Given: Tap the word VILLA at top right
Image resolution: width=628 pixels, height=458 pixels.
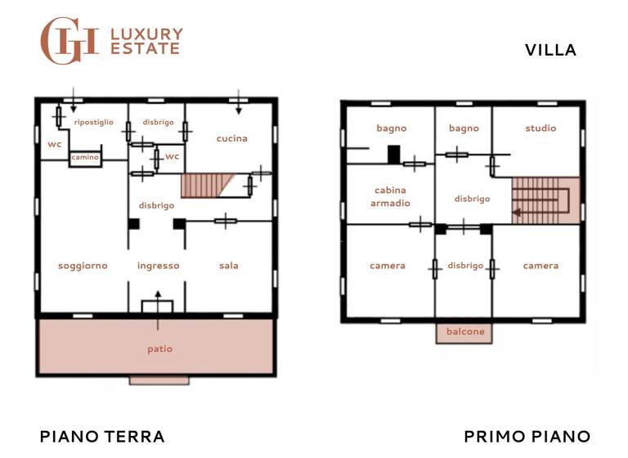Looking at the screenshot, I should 550,50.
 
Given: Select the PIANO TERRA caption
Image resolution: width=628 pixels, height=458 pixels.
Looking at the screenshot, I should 102,436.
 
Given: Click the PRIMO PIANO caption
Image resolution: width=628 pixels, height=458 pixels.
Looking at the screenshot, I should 527,436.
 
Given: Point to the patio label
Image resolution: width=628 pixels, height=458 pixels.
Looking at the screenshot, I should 159,348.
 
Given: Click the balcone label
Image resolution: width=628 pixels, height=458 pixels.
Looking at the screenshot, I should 464,332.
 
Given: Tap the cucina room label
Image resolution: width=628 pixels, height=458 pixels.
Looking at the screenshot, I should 231,138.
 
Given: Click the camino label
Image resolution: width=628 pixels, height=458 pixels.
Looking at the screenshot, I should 83,156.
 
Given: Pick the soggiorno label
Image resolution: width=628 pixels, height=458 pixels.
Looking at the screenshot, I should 83,265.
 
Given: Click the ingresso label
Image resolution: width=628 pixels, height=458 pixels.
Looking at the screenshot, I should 158,265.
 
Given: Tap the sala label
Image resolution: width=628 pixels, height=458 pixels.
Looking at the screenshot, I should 229,265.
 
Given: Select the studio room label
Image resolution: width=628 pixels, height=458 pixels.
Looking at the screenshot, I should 541,128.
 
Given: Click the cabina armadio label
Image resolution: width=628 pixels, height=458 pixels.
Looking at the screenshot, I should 390,196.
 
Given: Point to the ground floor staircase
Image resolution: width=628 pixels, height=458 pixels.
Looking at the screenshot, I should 205,185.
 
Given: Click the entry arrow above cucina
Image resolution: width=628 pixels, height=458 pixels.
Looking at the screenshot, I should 239,101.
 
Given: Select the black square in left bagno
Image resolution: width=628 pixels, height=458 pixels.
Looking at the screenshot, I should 393,154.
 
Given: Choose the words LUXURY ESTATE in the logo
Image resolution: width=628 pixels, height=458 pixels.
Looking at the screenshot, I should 146,41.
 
